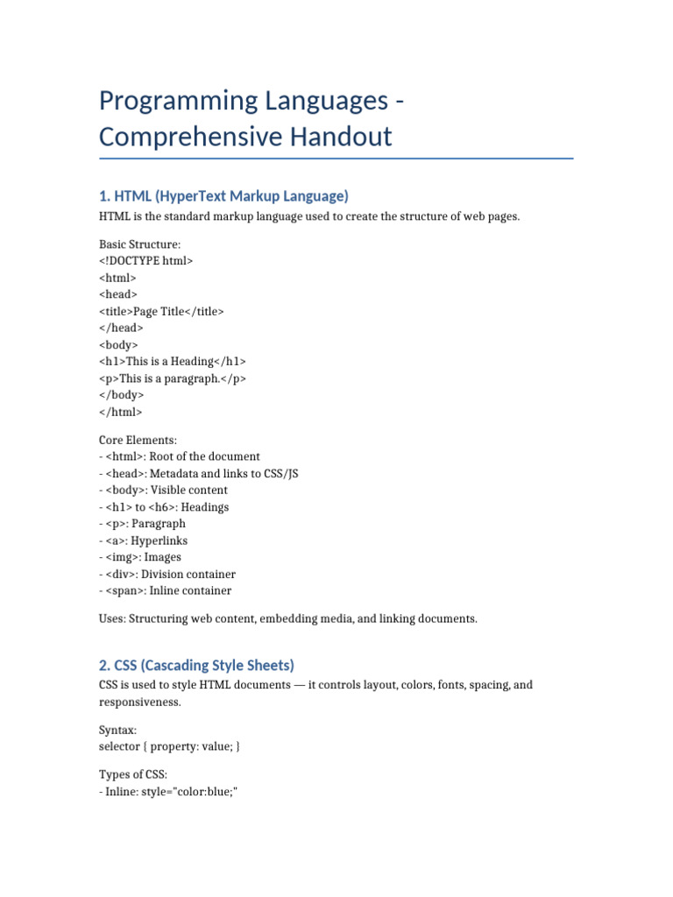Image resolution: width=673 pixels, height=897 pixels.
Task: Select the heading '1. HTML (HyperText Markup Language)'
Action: [x=223, y=195]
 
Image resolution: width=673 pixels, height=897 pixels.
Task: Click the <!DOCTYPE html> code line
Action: [x=145, y=261]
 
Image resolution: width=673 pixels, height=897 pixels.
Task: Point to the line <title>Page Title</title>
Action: [x=161, y=311]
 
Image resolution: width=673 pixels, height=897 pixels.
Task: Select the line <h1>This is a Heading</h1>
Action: [x=173, y=361]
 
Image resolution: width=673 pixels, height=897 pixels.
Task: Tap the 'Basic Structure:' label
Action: [x=139, y=244]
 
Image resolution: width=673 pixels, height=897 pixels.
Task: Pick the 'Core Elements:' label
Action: [x=138, y=440]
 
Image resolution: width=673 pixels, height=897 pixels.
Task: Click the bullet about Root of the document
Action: [x=180, y=456]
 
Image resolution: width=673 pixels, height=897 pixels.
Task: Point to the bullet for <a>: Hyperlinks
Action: [x=144, y=540]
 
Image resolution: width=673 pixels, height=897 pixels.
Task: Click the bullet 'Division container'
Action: [x=167, y=574]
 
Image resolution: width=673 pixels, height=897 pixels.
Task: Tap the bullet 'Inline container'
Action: [x=166, y=590]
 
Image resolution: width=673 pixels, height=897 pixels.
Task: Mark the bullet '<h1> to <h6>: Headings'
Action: [x=164, y=507]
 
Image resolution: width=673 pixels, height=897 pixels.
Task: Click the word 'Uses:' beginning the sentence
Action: [x=112, y=618]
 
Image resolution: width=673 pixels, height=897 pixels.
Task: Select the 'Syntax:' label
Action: [x=117, y=730]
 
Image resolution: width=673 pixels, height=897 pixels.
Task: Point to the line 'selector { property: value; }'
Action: [x=169, y=746]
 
